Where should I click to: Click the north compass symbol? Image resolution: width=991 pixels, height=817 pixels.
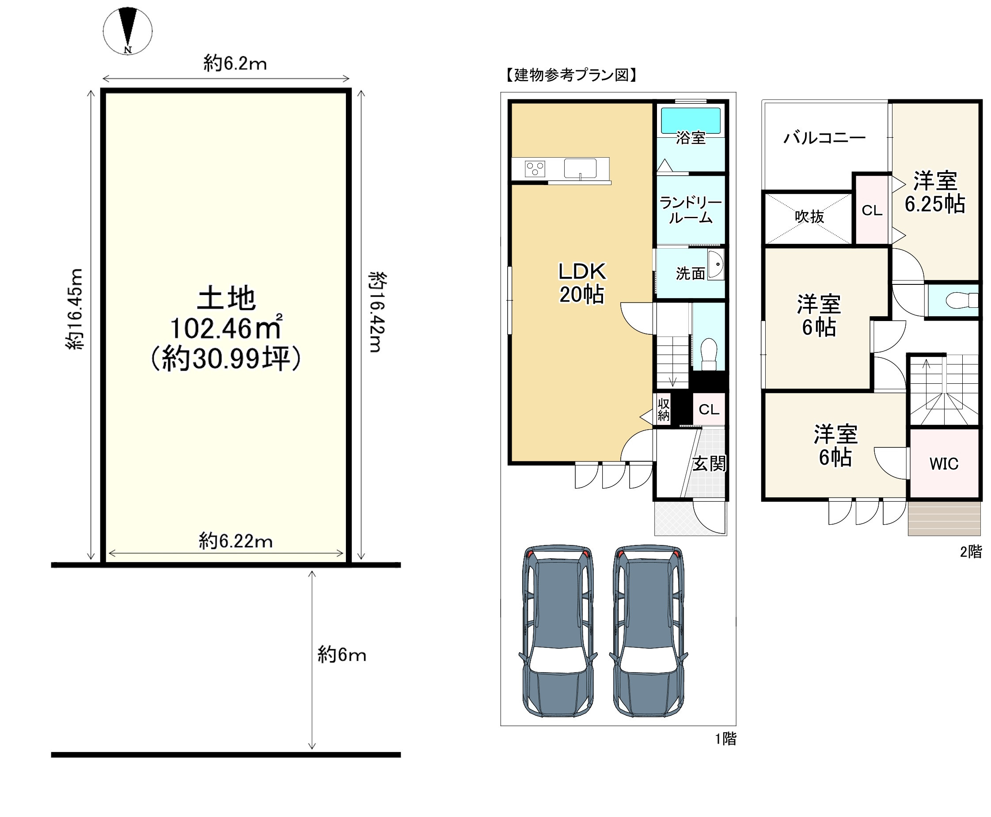[x=128, y=30]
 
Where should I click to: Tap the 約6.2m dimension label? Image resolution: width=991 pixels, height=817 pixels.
[x=235, y=63]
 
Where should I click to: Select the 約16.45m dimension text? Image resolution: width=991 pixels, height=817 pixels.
[x=75, y=309]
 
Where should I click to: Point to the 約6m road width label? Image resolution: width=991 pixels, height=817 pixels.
[x=342, y=654]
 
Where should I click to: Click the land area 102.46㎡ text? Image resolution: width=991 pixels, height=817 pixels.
[x=226, y=328]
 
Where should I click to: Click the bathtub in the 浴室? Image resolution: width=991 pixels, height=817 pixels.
[x=691, y=121]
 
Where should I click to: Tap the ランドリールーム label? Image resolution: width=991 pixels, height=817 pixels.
[x=691, y=210]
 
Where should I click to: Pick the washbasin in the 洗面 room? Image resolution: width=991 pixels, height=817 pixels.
[x=716, y=265]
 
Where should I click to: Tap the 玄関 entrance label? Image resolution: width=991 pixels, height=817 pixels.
[x=709, y=464]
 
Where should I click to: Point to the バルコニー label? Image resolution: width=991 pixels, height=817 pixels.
[x=824, y=137]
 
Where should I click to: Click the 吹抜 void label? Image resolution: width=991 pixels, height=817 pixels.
[x=809, y=216]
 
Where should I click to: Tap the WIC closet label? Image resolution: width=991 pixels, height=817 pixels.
[x=943, y=464]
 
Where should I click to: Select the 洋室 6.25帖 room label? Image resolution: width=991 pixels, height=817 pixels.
[x=935, y=192]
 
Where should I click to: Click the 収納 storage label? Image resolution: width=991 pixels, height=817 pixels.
[x=663, y=409]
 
